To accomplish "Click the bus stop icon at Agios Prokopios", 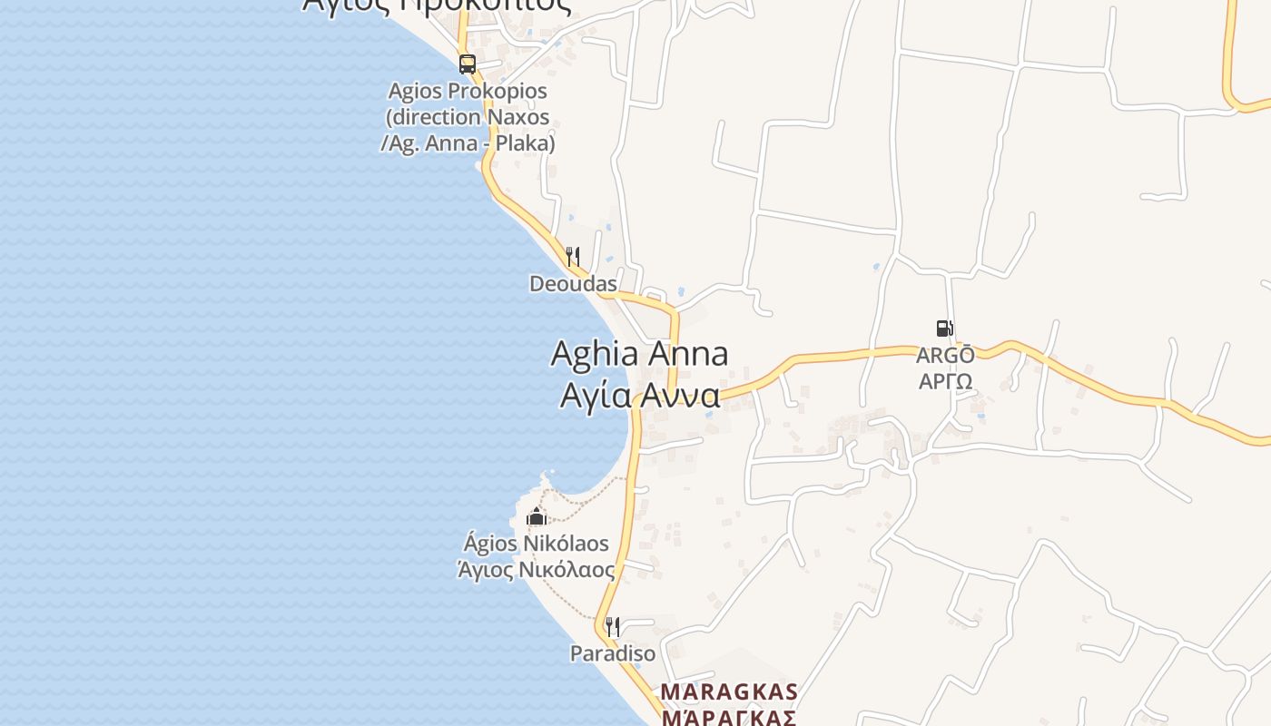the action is tap(468, 64).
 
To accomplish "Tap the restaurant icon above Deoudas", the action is tap(573, 257).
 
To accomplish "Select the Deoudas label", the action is tap(573, 284).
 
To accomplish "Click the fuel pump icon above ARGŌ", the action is tap(944, 329).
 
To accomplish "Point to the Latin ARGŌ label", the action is tap(945, 355).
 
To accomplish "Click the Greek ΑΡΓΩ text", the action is tap(945, 381).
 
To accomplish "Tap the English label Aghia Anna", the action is tap(639, 353).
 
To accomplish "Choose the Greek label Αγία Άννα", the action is tap(639, 396).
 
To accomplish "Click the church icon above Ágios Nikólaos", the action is tap(537, 517).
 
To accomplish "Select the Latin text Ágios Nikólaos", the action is tap(537, 544).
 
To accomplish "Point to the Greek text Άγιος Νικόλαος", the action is tap(537, 570).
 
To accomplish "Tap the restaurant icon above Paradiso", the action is tap(613, 627).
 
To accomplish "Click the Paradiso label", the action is tap(613, 653).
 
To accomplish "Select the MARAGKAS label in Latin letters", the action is tap(729, 692).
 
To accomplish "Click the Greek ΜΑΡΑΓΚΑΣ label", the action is tap(729, 718).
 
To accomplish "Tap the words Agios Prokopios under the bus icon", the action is tap(468, 91).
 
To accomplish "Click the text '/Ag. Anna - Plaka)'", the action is tap(468, 143).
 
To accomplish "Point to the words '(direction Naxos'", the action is tap(468, 117).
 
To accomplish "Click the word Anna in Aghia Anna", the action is tap(686, 353).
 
